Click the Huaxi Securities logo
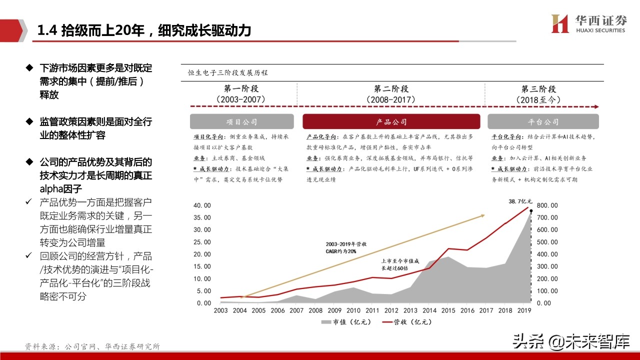coord(588,23)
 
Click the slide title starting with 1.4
coord(144,31)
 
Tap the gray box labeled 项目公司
coord(242,122)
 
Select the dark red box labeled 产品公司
coord(391,122)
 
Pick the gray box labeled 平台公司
coord(543,122)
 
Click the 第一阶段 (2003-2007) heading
coord(241,94)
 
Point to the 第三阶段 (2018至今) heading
coord(538,94)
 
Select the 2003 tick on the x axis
coord(220,310)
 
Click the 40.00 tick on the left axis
coord(201,205)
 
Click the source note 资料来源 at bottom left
coord(92,346)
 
